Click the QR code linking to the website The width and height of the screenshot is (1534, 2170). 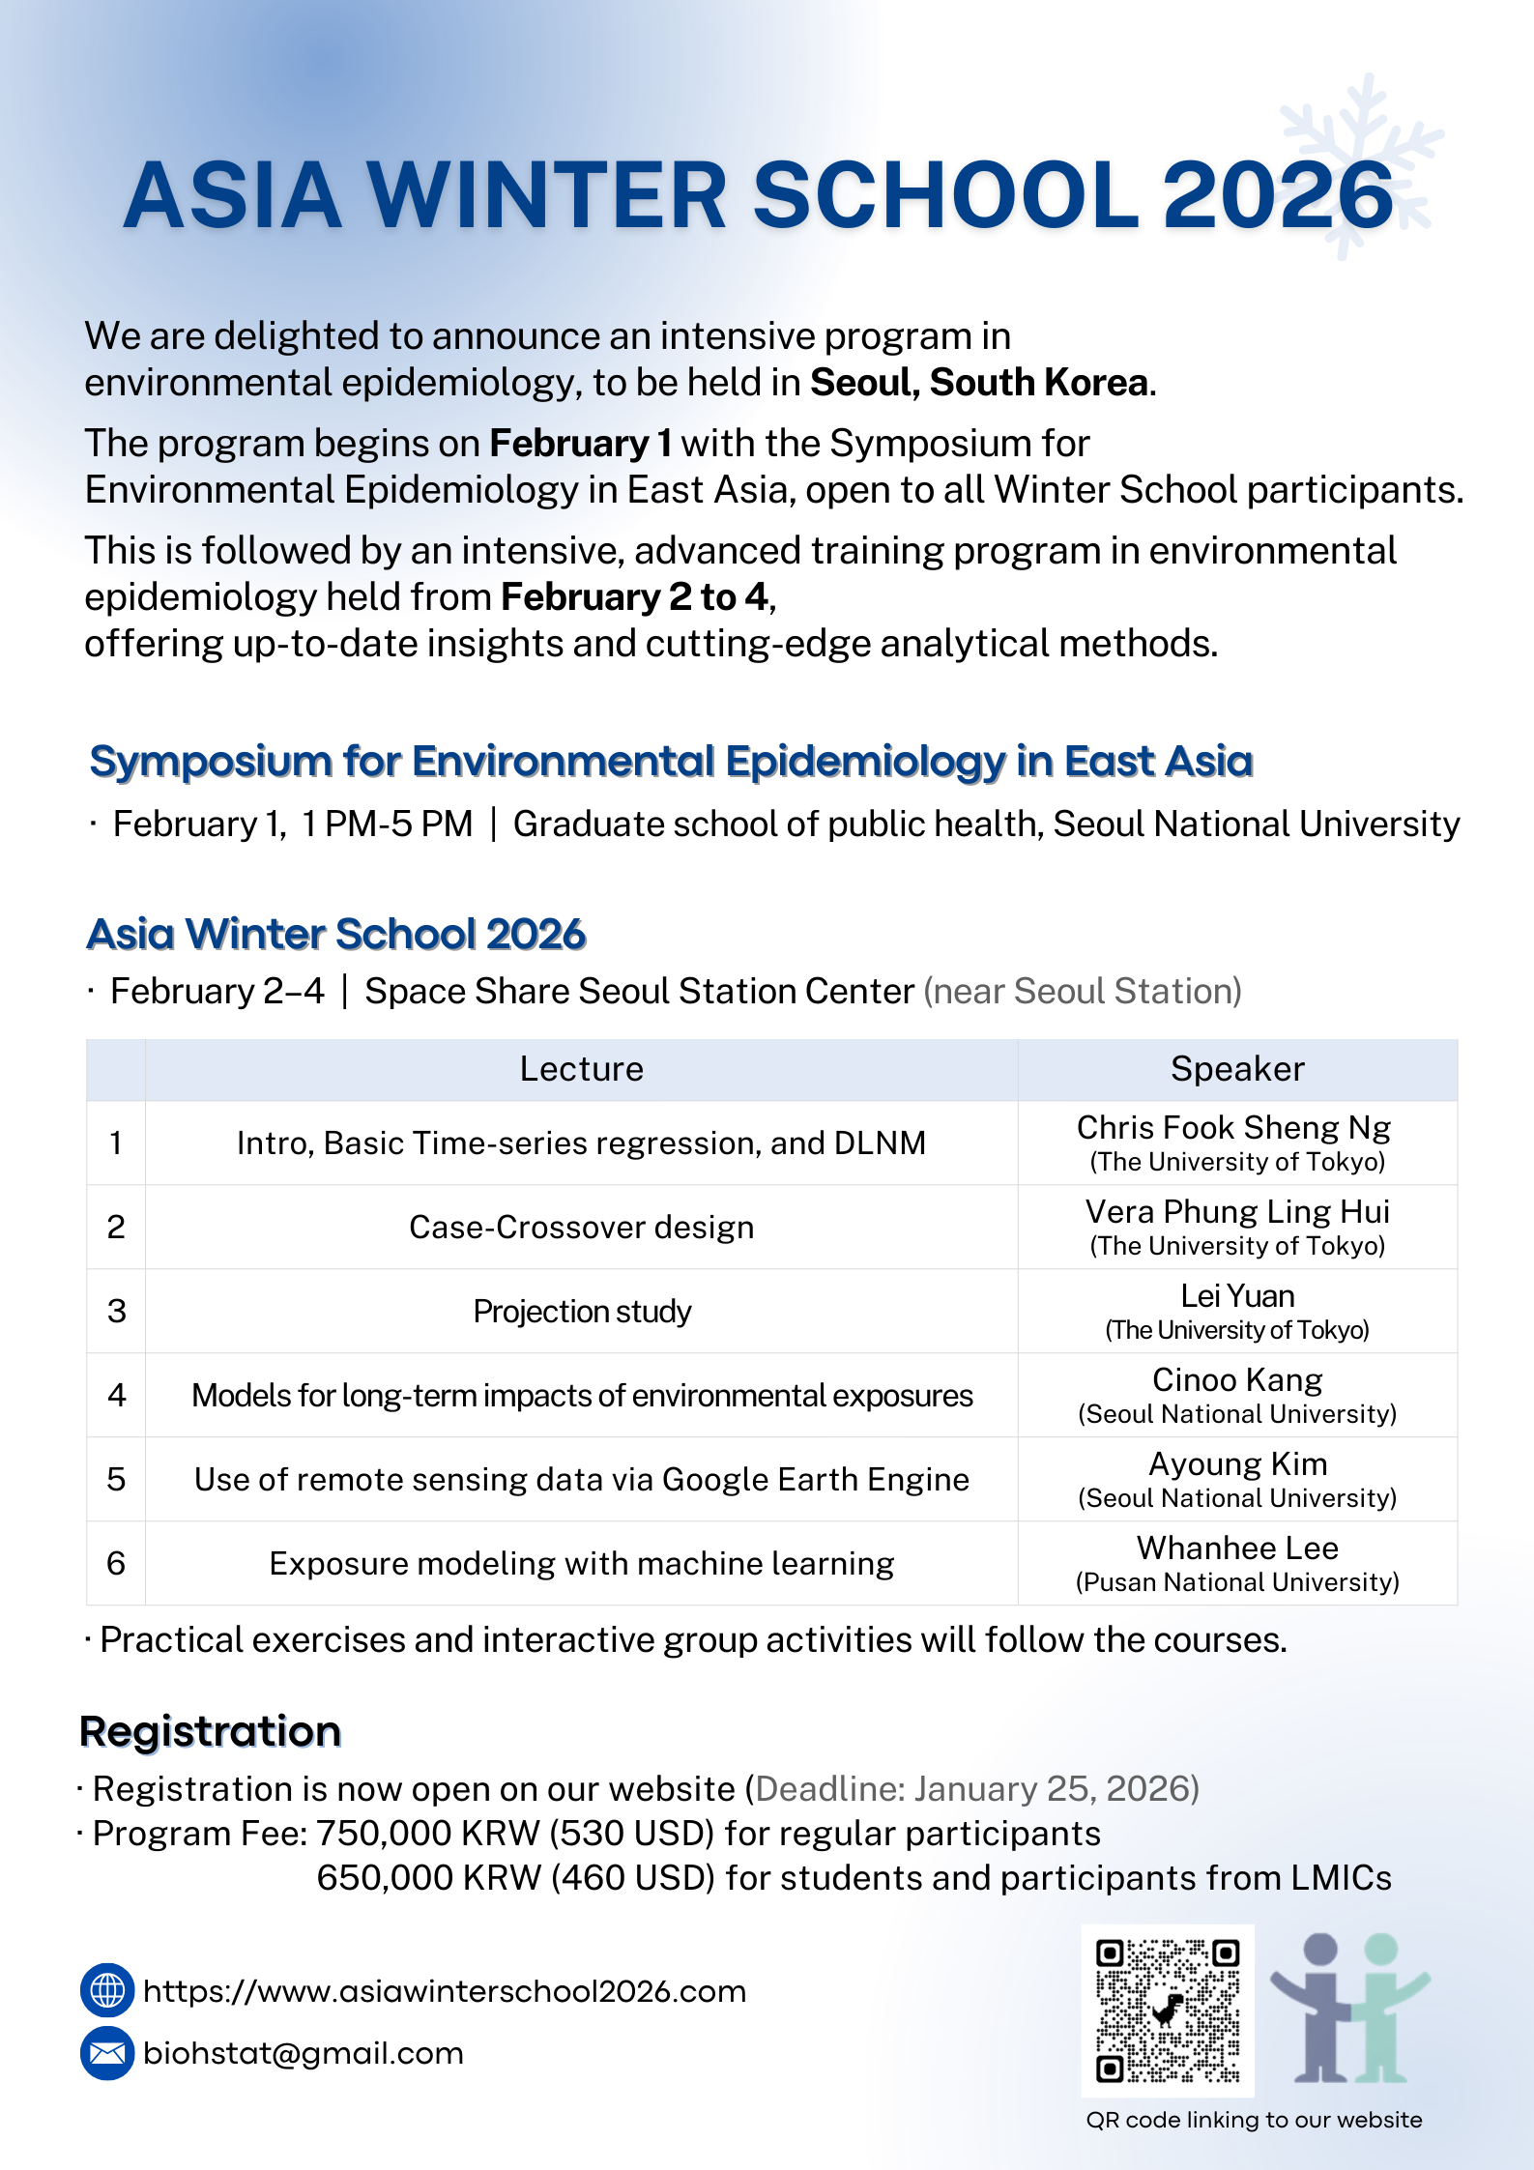click(1168, 2010)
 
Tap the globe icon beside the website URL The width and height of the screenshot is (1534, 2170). click(107, 1990)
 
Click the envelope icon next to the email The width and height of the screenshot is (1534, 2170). click(107, 2052)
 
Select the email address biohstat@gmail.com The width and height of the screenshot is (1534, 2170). click(303, 2052)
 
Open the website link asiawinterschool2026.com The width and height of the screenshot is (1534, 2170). click(445, 1991)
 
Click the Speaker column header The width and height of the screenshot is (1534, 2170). click(1237, 1069)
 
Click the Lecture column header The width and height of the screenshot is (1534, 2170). click(581, 1069)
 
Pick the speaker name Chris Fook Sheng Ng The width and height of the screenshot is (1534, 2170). click(1233, 1128)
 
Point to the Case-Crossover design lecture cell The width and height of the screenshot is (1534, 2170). click(581, 1227)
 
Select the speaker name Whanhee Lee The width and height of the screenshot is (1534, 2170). click(1237, 1548)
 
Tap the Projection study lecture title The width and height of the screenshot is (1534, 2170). click(582, 1312)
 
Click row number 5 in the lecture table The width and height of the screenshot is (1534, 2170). click(116, 1479)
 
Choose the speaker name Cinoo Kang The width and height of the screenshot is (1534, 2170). click(1237, 1380)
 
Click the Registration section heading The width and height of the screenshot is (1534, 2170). click(211, 1731)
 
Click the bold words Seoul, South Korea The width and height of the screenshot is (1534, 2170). click(979, 383)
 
